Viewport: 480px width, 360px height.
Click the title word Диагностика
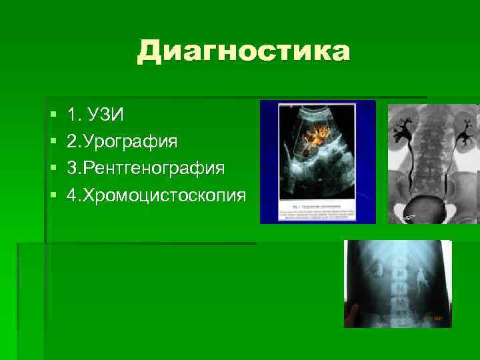pyautogui.click(x=243, y=51)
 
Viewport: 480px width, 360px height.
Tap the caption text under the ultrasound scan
pyautogui.click(x=317, y=211)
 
